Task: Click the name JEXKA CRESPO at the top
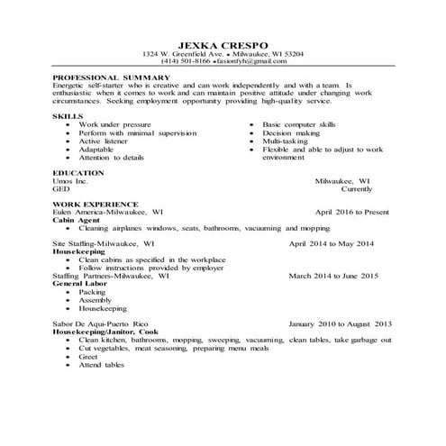(x=221, y=42)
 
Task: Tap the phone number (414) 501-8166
(x=185, y=61)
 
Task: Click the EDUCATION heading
(x=79, y=171)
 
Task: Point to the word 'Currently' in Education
(x=364, y=188)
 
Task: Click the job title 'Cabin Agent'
(x=77, y=220)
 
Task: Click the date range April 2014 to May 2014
(x=331, y=244)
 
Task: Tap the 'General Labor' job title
(x=81, y=284)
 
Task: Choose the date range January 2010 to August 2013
(x=341, y=323)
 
